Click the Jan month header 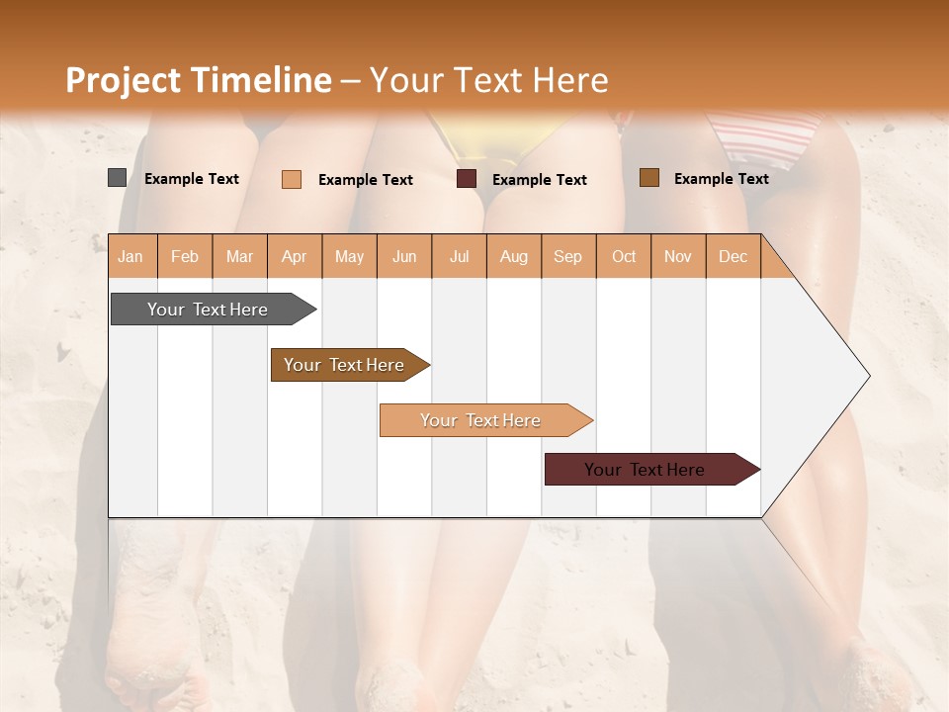point(130,256)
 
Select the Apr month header point(294,256)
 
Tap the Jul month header point(459,256)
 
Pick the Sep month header point(567,256)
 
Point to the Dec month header point(733,256)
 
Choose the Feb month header point(185,256)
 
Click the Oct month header point(624,256)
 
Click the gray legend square point(117,178)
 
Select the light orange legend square point(291,179)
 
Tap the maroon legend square point(467,179)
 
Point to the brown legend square point(648,178)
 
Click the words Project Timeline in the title point(199,80)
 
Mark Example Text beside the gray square point(192,179)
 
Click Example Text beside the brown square point(722,179)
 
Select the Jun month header point(404,256)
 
